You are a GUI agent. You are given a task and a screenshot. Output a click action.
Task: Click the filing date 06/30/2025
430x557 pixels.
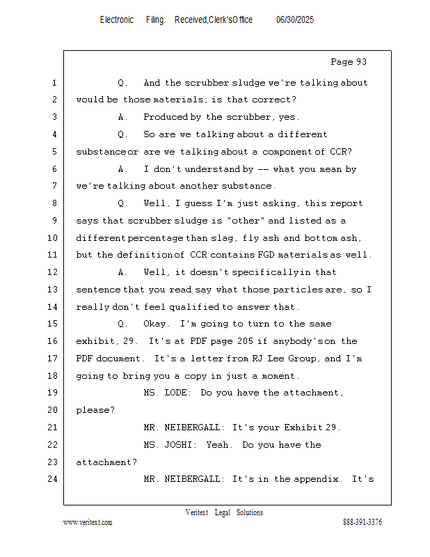tap(295, 20)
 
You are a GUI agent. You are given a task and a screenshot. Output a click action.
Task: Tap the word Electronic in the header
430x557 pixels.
tap(117, 20)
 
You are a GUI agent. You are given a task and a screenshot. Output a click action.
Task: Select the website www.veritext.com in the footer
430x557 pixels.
tap(88, 522)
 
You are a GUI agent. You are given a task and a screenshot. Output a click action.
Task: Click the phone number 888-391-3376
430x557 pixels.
tap(363, 521)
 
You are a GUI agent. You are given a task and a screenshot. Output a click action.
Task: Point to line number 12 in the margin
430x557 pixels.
tap(53, 272)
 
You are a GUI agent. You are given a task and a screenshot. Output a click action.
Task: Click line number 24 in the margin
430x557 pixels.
tap(53, 479)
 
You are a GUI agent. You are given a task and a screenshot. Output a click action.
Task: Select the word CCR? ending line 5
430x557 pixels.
tap(341, 152)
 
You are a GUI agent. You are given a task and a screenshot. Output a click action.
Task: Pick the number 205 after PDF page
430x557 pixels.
tap(245, 341)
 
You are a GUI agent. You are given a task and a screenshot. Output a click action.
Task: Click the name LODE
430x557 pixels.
tap(177, 393)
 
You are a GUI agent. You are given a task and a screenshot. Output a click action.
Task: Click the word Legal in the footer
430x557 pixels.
tap(222, 512)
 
